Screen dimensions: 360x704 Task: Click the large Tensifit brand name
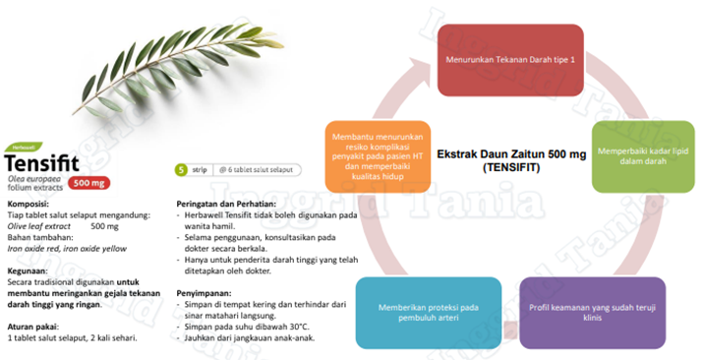coord(43,163)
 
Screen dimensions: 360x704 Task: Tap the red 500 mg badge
coord(88,183)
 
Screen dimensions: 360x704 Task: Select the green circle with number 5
coord(180,170)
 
